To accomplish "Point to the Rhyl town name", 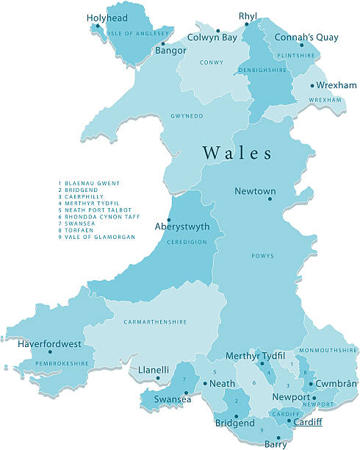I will [248, 16].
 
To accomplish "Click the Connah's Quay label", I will [306, 37].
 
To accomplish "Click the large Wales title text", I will [237, 153].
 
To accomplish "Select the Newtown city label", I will [255, 192].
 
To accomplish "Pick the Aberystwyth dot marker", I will [169, 220].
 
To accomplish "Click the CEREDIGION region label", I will [187, 242].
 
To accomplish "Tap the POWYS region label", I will [262, 256].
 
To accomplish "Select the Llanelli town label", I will [154, 370].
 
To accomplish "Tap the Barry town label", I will [276, 443].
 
